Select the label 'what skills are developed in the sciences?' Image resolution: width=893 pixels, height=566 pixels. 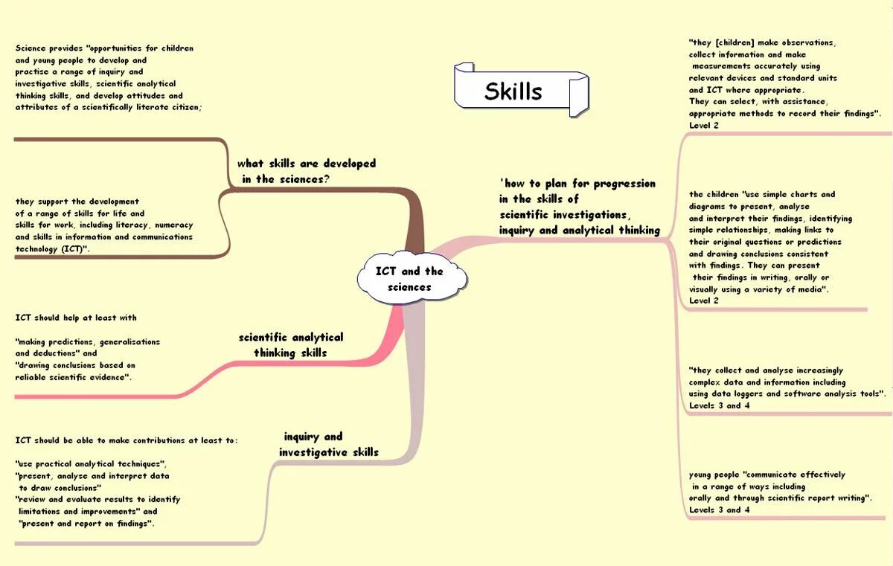(x=306, y=171)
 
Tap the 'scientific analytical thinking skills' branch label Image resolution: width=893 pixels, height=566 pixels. (x=290, y=345)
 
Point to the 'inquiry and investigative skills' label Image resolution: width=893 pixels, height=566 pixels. (x=328, y=444)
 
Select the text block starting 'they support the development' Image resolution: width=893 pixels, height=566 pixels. (x=104, y=225)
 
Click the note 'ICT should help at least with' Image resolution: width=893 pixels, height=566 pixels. (x=76, y=318)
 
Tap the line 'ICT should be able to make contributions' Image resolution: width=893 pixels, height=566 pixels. (x=127, y=440)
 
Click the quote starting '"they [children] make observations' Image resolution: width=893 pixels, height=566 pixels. (x=774, y=42)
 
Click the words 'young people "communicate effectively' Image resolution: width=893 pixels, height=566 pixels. (x=767, y=475)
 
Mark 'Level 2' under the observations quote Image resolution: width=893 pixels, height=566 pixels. (x=704, y=125)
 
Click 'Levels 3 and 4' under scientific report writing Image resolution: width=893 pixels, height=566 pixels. (x=719, y=509)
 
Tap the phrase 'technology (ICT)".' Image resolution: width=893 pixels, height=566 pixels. (x=53, y=249)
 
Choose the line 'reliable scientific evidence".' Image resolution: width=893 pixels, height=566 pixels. (x=74, y=377)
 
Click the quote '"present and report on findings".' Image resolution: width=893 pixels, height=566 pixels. (x=86, y=524)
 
